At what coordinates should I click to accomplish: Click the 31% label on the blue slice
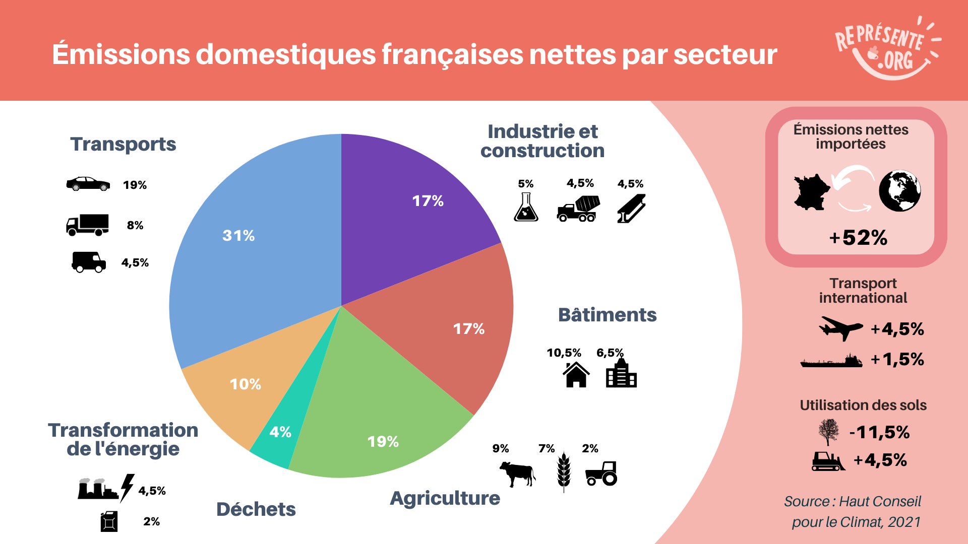coord(238,235)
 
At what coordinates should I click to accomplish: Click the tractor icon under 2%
coord(601,473)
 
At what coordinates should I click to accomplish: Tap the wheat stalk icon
coord(564,471)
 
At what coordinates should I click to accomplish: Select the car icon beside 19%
coord(88,184)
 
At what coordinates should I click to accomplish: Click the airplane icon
coord(840,328)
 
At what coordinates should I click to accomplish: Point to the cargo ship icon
coord(831,361)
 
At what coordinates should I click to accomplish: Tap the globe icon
coord(899,191)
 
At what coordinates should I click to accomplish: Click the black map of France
coord(811,192)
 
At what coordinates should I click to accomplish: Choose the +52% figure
coord(858,238)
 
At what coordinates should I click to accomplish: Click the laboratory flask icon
coord(526,208)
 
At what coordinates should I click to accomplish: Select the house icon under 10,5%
coord(576,375)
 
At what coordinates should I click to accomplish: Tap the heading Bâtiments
coord(607,315)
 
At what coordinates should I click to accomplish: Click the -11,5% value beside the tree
coord(879,432)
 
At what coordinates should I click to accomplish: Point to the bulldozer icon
coord(828,461)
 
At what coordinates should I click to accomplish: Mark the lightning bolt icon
coord(127,487)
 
